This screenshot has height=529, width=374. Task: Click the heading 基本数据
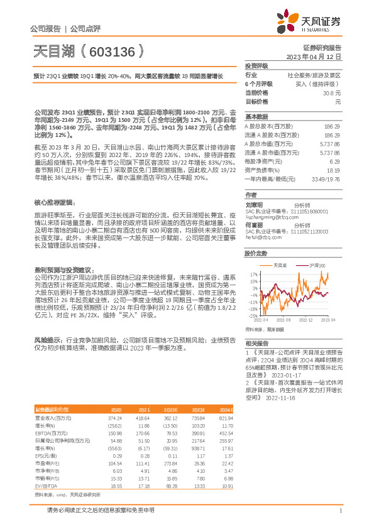pyautogui.click(x=256, y=117)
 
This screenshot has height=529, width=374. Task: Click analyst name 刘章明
pyautogui.click(x=255, y=205)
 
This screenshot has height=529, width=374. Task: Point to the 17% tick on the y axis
pyautogui.click(x=253, y=275)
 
